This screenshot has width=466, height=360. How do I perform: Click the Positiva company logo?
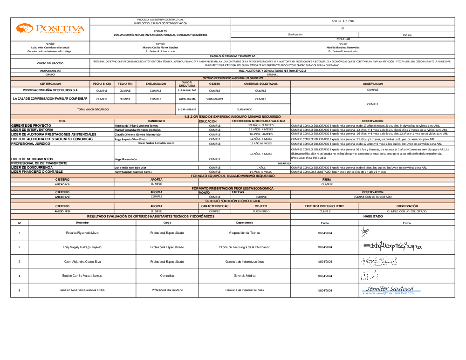pos(50,29)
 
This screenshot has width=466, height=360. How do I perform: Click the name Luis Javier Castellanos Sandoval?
pos(50,48)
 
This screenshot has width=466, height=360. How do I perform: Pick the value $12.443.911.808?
pos(187,90)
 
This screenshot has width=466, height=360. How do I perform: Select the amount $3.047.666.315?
pos(187,99)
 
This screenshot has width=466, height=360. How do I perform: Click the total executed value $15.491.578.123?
pos(187,109)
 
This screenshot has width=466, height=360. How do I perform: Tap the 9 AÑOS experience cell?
pos(260,167)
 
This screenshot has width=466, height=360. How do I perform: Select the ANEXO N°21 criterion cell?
pos(62,211)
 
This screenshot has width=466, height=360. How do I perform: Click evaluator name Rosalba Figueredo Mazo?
pos(82,232)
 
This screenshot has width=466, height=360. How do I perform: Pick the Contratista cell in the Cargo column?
pos(167,276)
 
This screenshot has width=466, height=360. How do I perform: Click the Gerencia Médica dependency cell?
pos(245,276)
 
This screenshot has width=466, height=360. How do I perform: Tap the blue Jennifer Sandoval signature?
pos(391,289)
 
